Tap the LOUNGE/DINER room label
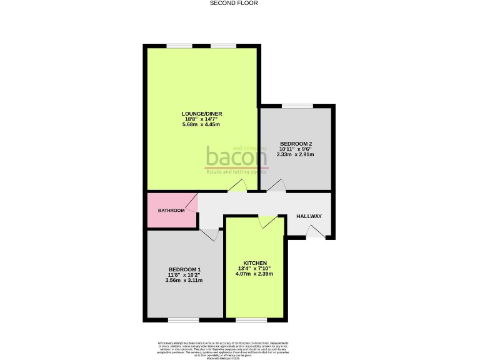201,114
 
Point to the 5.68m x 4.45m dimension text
201,125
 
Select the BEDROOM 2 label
296,144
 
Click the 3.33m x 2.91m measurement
296,154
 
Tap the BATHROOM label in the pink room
171,211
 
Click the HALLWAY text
309,216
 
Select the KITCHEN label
256,262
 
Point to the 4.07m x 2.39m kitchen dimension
256,274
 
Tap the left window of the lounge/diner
179,46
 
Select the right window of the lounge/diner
223,46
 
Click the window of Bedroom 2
297,106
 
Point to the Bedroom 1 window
183,321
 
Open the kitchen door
267,222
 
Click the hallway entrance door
316,232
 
